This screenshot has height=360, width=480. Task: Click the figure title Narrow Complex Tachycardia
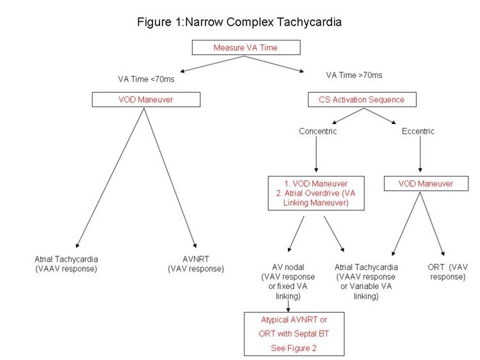tap(239, 22)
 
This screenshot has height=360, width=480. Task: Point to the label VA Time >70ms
tap(355, 75)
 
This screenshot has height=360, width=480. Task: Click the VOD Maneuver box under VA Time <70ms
tap(146, 100)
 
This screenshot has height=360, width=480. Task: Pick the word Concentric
tap(317, 131)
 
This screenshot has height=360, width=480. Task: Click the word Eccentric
tap(419, 131)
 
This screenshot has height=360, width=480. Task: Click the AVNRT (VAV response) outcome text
tap(195, 264)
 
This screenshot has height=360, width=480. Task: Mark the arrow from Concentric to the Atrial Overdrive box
tap(317, 157)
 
